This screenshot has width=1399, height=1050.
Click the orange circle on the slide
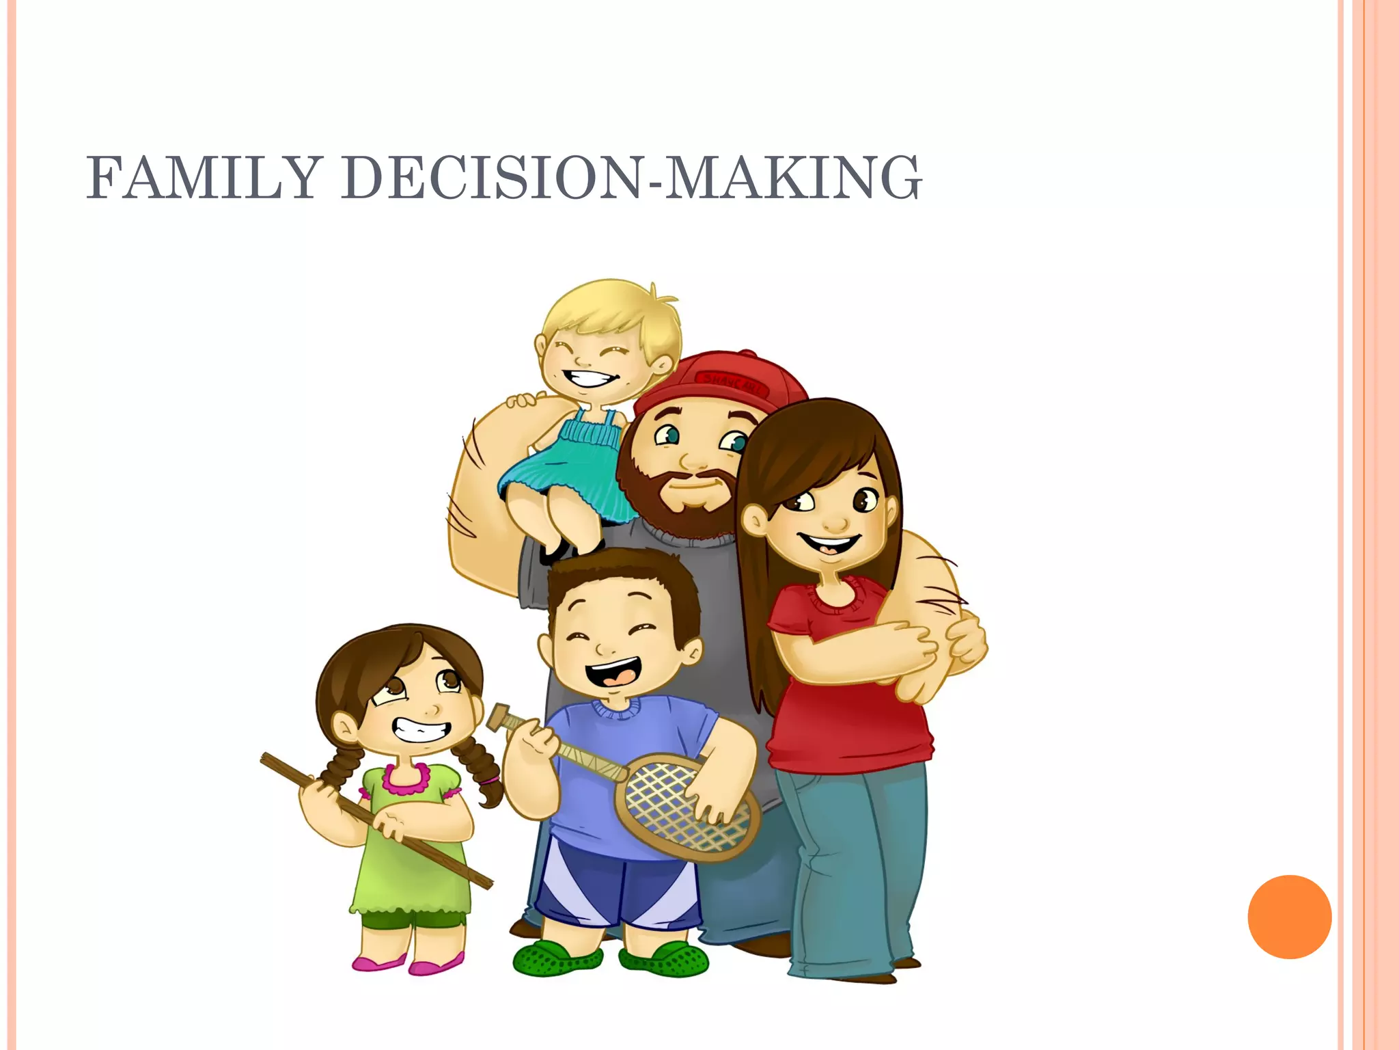tap(1289, 917)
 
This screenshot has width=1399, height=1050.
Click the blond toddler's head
tap(608, 335)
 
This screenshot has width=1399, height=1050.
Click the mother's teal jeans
tap(854, 868)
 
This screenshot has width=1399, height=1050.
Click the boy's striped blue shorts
tap(615, 889)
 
